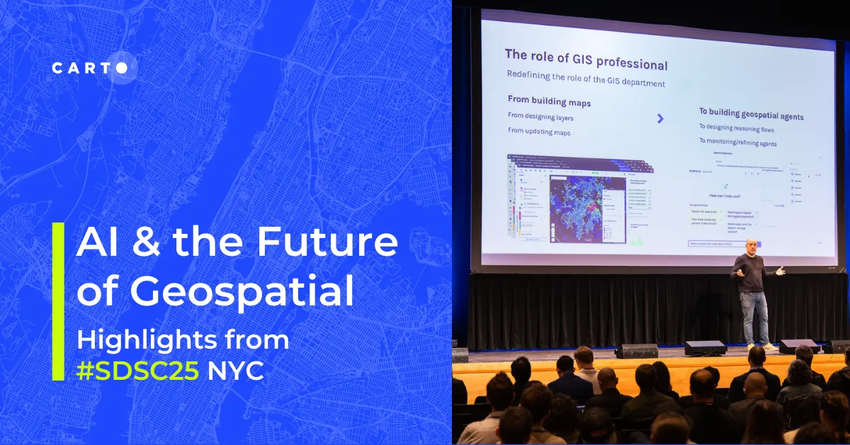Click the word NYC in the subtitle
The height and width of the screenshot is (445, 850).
click(x=235, y=371)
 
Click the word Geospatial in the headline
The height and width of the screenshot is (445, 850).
click(x=215, y=292)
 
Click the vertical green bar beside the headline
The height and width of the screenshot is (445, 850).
click(x=58, y=301)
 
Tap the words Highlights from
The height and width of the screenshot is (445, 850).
click(x=183, y=339)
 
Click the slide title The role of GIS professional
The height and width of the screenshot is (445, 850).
click(x=586, y=60)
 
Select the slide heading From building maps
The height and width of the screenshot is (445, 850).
click(x=549, y=101)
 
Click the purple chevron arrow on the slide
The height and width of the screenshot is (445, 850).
click(x=660, y=118)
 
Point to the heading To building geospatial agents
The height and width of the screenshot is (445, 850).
click(x=751, y=115)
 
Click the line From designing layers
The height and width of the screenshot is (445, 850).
click(x=540, y=116)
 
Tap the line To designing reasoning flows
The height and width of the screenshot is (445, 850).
click(x=736, y=128)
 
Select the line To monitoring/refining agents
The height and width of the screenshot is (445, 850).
click(x=737, y=143)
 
